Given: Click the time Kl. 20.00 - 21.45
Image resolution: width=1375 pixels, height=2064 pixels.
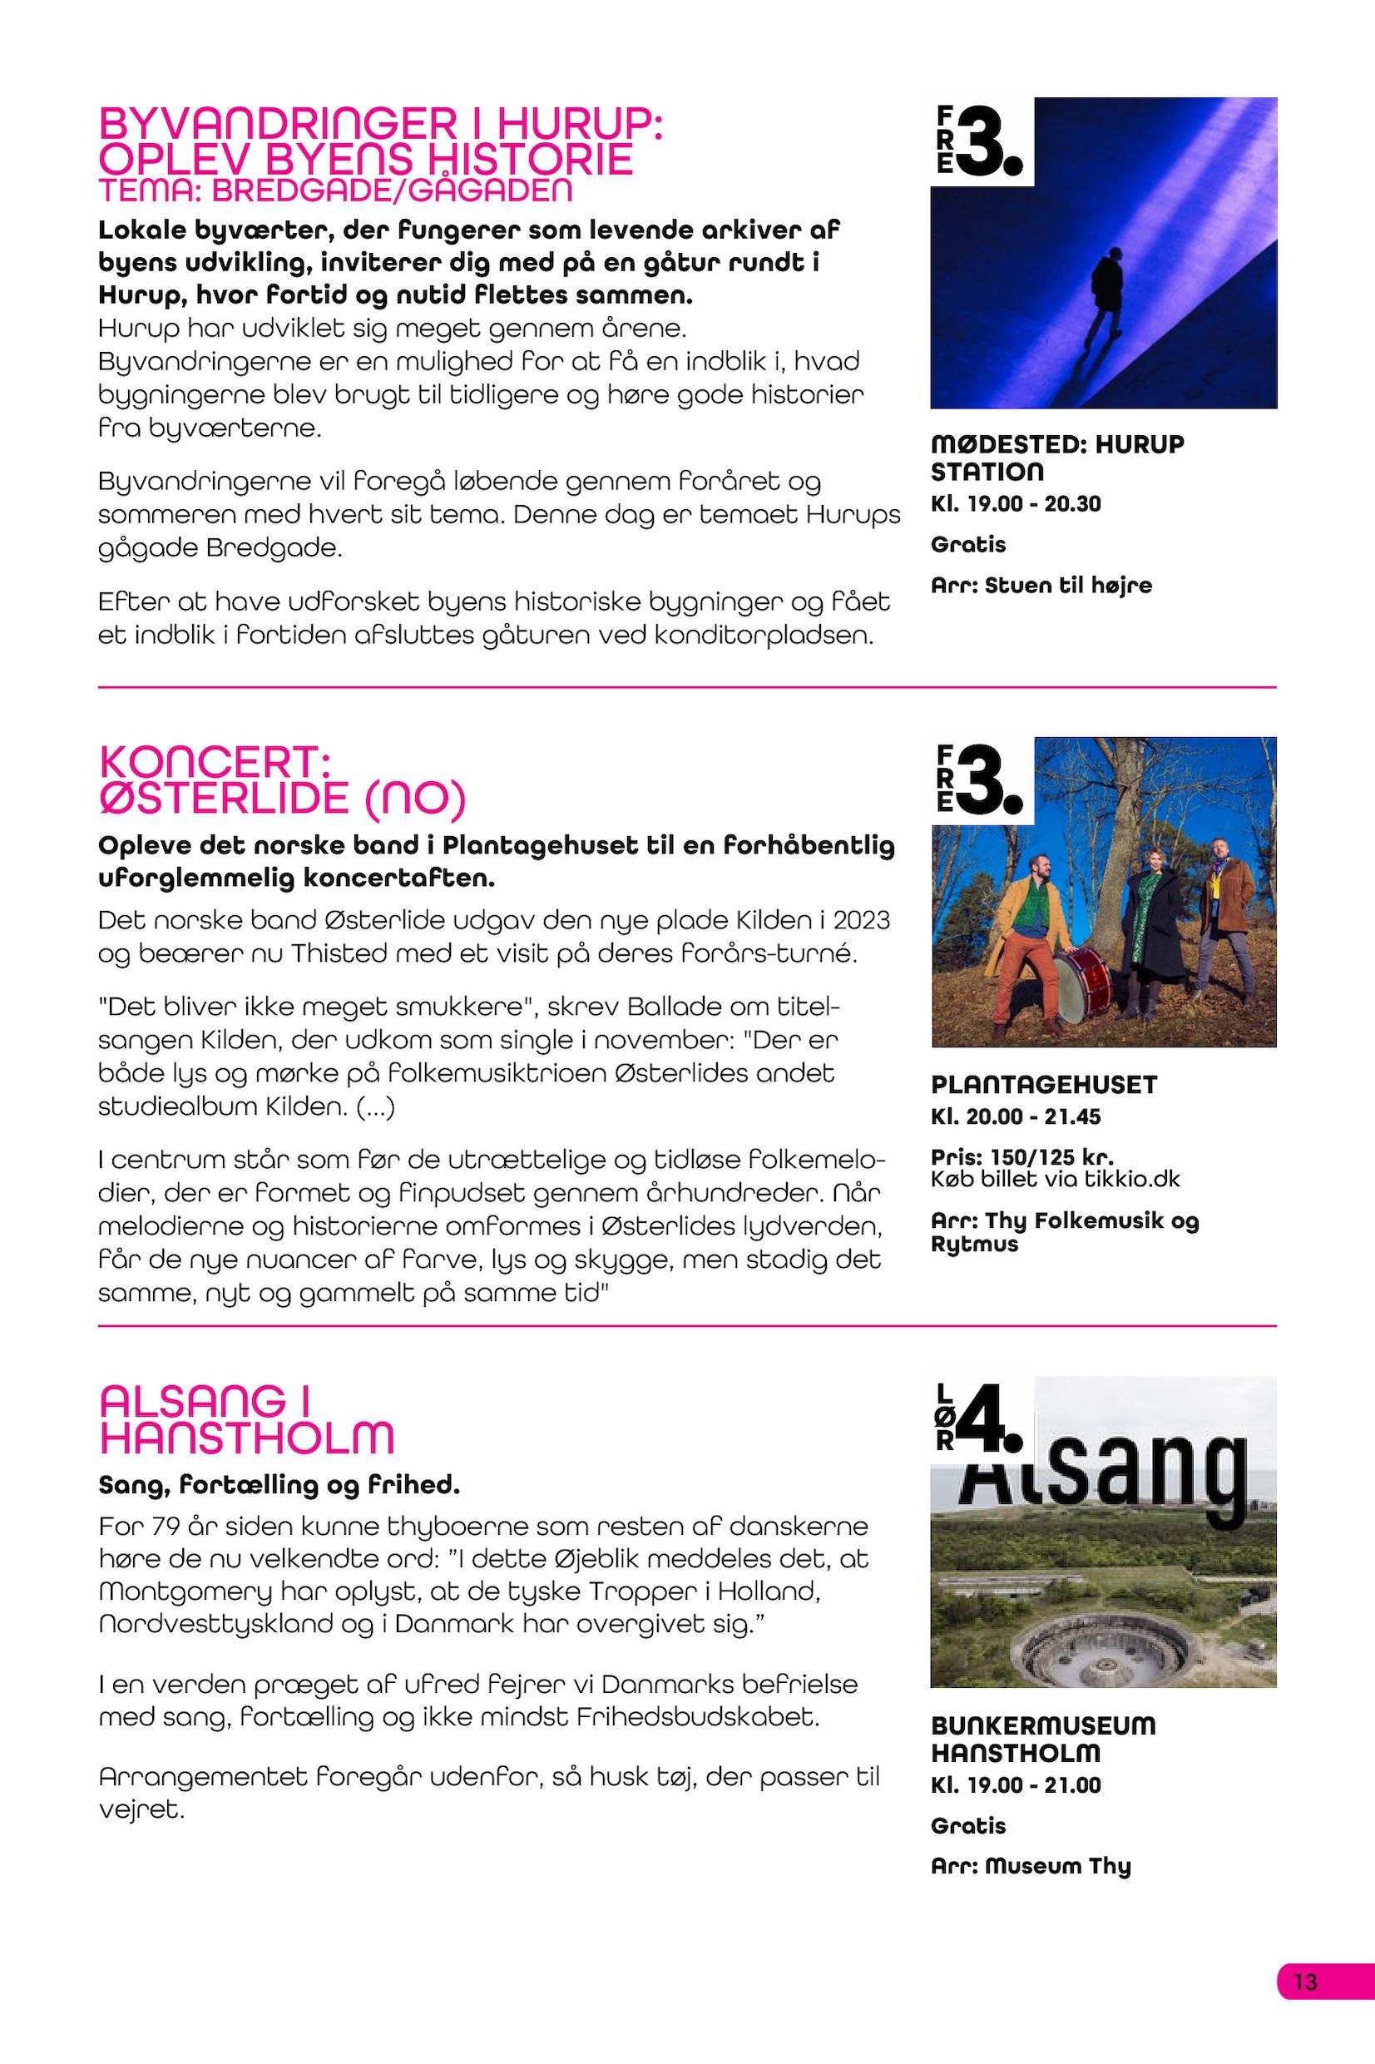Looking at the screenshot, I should tap(1016, 1116).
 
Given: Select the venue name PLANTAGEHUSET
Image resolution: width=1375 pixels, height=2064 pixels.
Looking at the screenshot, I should tap(1044, 1085).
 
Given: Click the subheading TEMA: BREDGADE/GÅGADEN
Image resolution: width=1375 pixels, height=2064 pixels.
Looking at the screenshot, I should tap(336, 189).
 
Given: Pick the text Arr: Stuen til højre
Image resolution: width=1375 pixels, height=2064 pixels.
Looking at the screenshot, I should tap(1041, 585).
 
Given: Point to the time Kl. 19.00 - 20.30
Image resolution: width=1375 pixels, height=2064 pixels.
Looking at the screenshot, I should tap(1016, 503).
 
